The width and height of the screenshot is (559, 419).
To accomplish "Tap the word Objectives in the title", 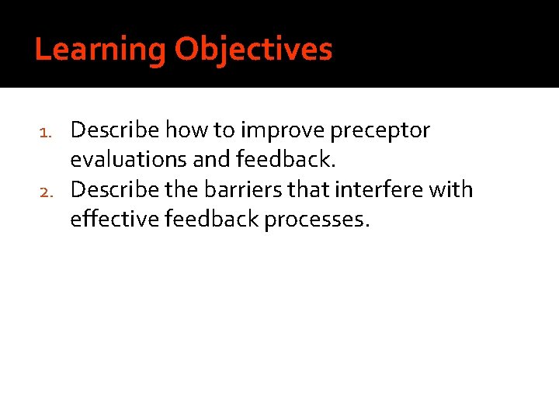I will [x=253, y=50].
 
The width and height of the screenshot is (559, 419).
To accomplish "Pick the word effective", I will [x=113, y=220].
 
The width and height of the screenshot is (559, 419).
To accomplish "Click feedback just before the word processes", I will [x=211, y=220].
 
